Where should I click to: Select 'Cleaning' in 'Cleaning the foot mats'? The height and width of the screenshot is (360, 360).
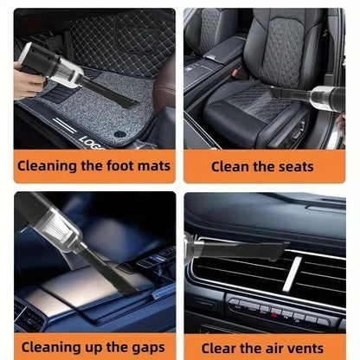[x=48, y=165]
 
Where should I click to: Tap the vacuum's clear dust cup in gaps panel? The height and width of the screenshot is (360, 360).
[x=51, y=227]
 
